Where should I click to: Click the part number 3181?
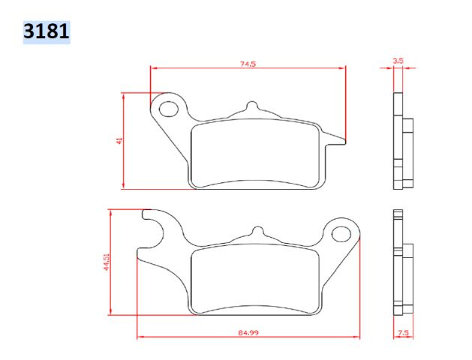[x=47, y=31]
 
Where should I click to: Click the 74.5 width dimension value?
[x=248, y=64]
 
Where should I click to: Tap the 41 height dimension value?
[x=119, y=140]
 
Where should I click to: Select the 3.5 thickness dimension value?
[x=398, y=61]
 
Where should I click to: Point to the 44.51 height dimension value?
[x=107, y=262]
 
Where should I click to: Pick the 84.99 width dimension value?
[x=248, y=333]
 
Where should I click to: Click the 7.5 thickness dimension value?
[x=404, y=333]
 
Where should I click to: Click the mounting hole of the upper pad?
[x=168, y=109]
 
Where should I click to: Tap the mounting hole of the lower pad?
[x=341, y=234]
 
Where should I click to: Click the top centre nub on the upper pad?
[x=252, y=106]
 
